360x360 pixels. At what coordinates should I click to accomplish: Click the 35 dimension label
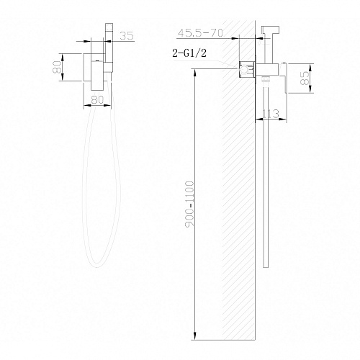pos(127,36)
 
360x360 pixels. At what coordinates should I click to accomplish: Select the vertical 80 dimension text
pos(58,68)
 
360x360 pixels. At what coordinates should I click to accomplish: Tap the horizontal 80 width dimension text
pos(98,100)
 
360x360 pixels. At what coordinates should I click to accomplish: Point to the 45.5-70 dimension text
pos(200,33)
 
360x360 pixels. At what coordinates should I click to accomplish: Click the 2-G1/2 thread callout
pos(189,53)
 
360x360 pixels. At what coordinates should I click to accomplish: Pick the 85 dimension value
pos(305,78)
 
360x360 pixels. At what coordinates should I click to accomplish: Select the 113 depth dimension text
pos(271,114)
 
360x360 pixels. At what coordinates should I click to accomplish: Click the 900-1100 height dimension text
pos(190,204)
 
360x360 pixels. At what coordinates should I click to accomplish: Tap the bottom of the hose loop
pos(97,266)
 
